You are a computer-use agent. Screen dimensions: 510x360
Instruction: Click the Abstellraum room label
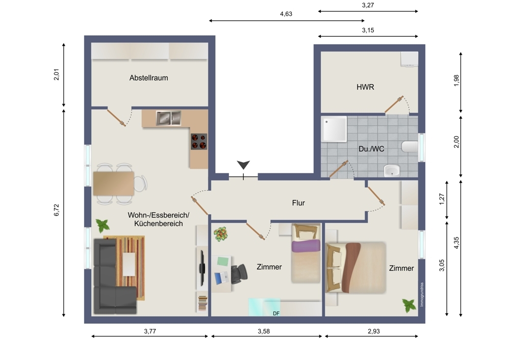[148, 78]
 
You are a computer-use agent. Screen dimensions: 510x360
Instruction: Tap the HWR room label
[365, 87]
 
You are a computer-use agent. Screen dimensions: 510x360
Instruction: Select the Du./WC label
[371, 149]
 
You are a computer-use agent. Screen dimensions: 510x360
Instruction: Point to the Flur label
[298, 203]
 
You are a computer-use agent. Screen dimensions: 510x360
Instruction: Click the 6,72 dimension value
[57, 210]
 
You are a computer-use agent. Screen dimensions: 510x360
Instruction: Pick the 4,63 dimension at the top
[286, 14]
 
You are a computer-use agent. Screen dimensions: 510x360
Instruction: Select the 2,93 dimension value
[374, 331]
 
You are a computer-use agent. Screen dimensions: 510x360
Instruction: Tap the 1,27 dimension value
[441, 199]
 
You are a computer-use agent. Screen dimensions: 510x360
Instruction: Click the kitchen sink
[168, 118]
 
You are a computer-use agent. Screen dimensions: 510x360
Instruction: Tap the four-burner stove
[199, 141]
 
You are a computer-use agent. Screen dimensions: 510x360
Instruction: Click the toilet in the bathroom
[410, 147]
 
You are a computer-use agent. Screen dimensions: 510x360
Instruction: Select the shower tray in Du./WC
[334, 130]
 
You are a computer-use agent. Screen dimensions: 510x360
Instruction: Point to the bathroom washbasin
[392, 170]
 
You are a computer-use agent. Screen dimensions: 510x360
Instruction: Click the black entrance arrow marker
[243, 165]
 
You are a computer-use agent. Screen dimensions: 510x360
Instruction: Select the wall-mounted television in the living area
[202, 266]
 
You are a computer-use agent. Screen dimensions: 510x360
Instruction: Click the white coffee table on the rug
[129, 264]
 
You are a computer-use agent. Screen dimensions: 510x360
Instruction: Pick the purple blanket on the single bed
[305, 246]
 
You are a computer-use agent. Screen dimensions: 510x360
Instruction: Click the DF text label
[276, 314]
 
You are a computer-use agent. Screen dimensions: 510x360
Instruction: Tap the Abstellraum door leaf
[116, 118]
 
